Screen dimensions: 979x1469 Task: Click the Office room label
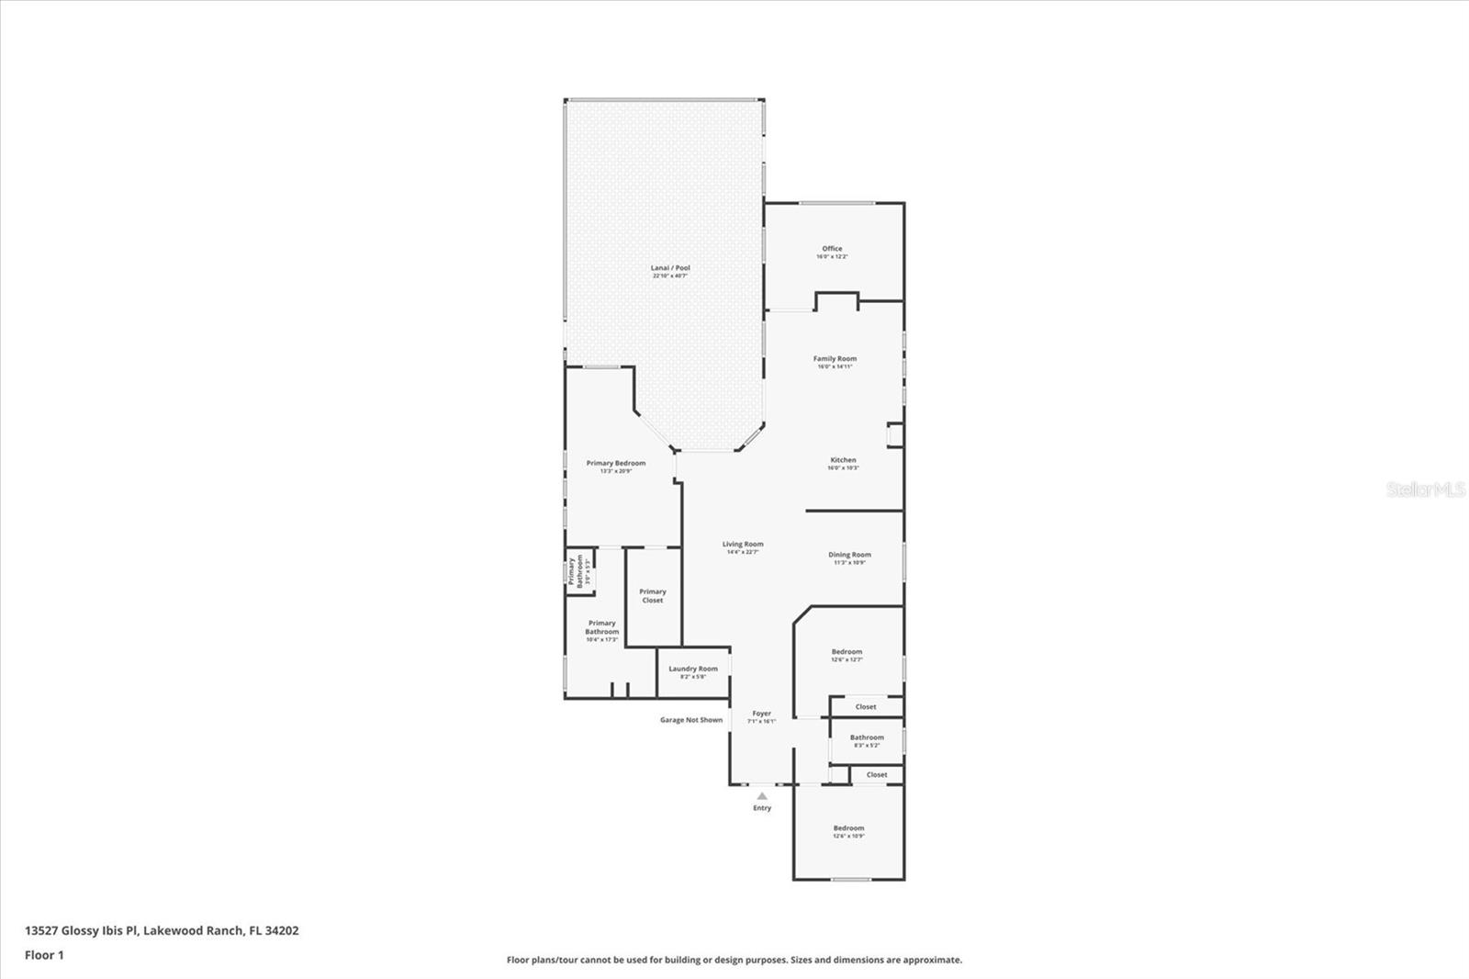[832, 249]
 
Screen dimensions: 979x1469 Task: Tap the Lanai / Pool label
[670, 268]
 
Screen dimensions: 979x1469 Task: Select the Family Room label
[835, 359]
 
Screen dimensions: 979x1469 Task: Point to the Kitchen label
[843, 460]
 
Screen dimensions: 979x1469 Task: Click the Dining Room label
[849, 555]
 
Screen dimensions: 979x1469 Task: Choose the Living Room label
[742, 545]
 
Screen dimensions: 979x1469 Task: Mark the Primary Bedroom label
[616, 464]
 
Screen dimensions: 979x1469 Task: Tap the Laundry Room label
[693, 669]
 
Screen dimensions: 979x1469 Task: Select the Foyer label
[762, 714]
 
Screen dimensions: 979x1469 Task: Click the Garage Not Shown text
[691, 720]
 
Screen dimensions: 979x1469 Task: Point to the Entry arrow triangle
[762, 796]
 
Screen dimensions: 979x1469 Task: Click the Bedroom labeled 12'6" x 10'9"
[848, 828]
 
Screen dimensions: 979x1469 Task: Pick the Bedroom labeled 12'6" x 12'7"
[847, 652]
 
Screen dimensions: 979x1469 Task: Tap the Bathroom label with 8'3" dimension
[867, 737]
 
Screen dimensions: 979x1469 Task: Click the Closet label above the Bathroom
[866, 707]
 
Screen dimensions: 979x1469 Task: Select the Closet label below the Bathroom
[877, 774]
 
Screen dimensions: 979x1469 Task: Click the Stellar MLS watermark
[1425, 489]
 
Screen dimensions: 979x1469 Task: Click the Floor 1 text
[44, 955]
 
